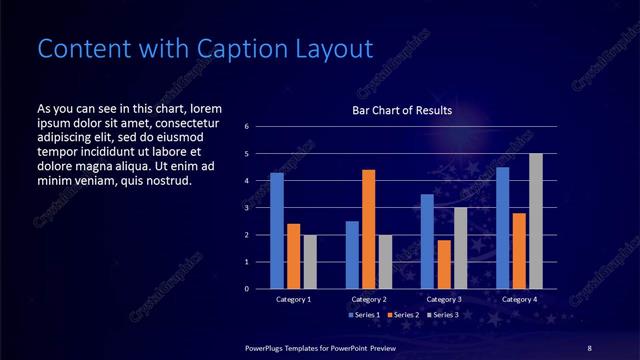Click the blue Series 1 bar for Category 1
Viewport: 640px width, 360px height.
click(x=277, y=231)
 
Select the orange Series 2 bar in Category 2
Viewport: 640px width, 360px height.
click(x=368, y=229)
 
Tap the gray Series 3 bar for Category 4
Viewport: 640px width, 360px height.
click(x=536, y=221)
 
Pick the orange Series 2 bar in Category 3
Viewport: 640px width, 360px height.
click(x=444, y=264)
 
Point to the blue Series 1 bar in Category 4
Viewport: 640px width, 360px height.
click(x=503, y=228)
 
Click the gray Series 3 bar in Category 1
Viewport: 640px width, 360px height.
click(x=310, y=262)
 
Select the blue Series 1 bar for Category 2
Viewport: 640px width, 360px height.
click(x=352, y=255)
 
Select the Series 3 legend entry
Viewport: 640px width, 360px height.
click(x=442, y=315)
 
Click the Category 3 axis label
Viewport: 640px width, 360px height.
click(x=444, y=299)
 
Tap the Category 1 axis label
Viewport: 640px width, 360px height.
click(x=293, y=299)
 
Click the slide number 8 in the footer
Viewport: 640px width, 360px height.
click(x=589, y=347)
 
